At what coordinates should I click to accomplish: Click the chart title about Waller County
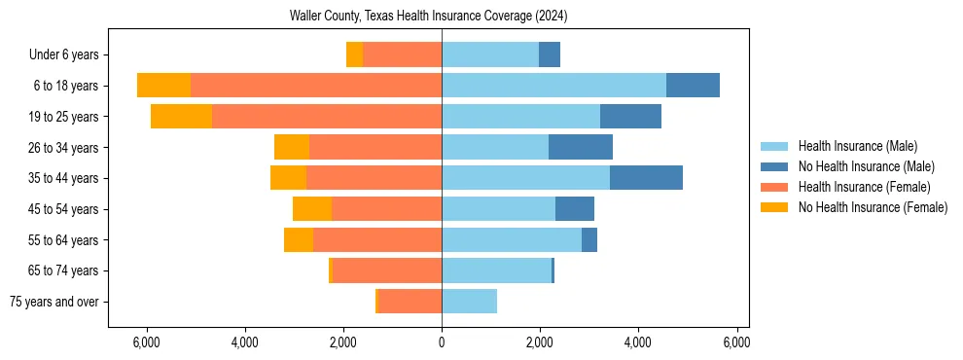click(x=428, y=16)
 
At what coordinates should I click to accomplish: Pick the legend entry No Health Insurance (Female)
click(x=873, y=207)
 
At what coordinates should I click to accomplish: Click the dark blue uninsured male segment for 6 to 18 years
click(x=693, y=86)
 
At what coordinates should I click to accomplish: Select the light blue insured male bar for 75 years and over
click(x=469, y=302)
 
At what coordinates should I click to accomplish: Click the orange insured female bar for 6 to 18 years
click(x=316, y=86)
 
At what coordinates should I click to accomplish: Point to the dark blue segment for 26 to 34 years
click(x=581, y=147)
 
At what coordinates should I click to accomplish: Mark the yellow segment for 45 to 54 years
click(x=312, y=209)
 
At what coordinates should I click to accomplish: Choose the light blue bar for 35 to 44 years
click(x=525, y=178)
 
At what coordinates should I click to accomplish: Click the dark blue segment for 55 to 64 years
click(x=589, y=240)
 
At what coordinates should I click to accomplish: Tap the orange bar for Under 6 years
click(x=402, y=54)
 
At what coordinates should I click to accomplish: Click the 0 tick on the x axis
click(x=442, y=342)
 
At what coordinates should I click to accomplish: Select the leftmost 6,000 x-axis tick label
click(x=146, y=342)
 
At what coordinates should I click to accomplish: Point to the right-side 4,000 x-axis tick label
click(x=638, y=342)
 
